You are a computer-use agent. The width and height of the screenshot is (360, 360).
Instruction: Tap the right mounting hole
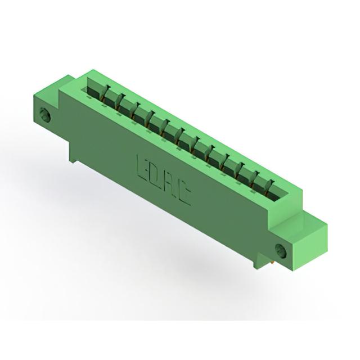coord(281,250)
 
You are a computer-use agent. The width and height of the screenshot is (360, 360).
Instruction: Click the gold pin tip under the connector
coord(272,262)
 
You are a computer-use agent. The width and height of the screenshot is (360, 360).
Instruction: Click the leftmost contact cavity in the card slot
coord(94,89)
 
